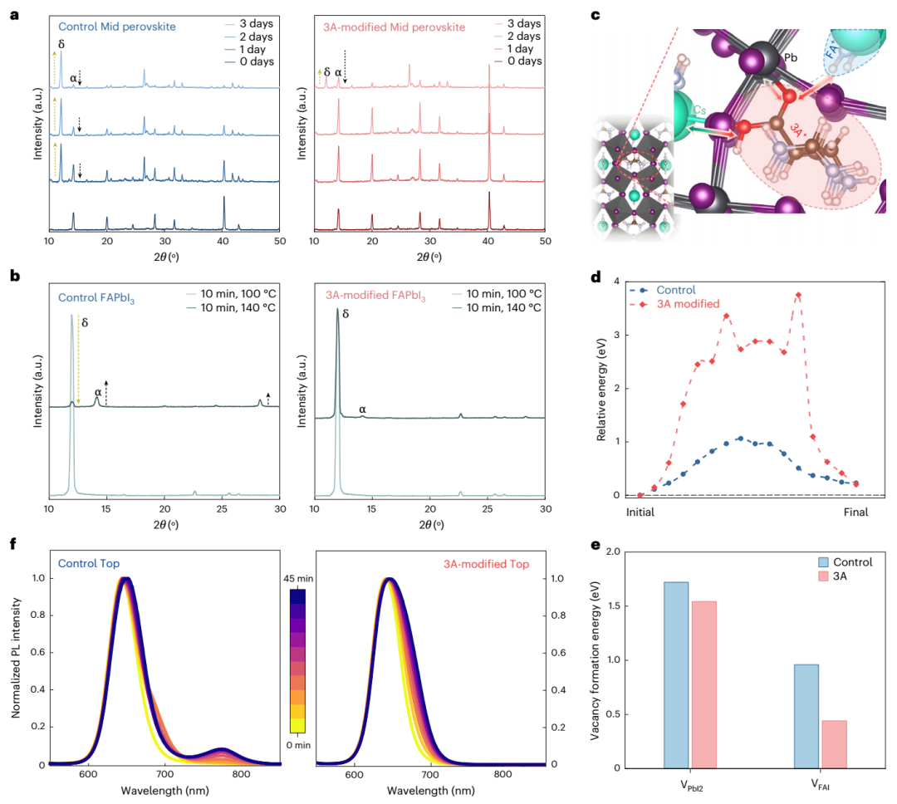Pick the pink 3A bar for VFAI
pyautogui.click(x=834, y=743)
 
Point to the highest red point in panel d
pyautogui.click(x=798, y=295)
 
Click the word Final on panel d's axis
pyautogui.click(x=855, y=512)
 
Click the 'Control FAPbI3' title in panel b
pyautogui.click(x=96, y=295)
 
